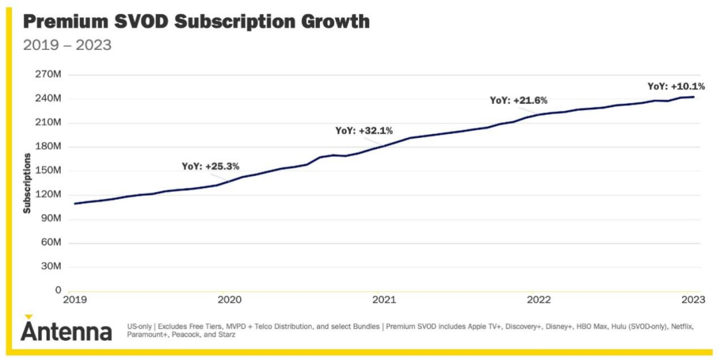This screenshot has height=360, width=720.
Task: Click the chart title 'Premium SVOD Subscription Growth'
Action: [x=196, y=21]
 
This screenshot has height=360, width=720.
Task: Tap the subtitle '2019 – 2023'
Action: [x=67, y=45]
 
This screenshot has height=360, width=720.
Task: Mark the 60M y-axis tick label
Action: [x=51, y=243]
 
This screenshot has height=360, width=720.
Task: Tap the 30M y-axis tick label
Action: [x=51, y=267]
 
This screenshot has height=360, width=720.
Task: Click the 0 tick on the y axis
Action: [x=58, y=291]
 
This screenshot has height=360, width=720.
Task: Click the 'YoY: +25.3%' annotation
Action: [x=210, y=166]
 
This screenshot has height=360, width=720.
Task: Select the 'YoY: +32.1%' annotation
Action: [x=363, y=131]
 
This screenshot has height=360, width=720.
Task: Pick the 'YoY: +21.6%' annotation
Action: [x=518, y=100]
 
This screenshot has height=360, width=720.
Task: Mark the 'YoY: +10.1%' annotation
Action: [x=676, y=86]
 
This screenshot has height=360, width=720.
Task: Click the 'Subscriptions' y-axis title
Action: [x=27, y=183]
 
